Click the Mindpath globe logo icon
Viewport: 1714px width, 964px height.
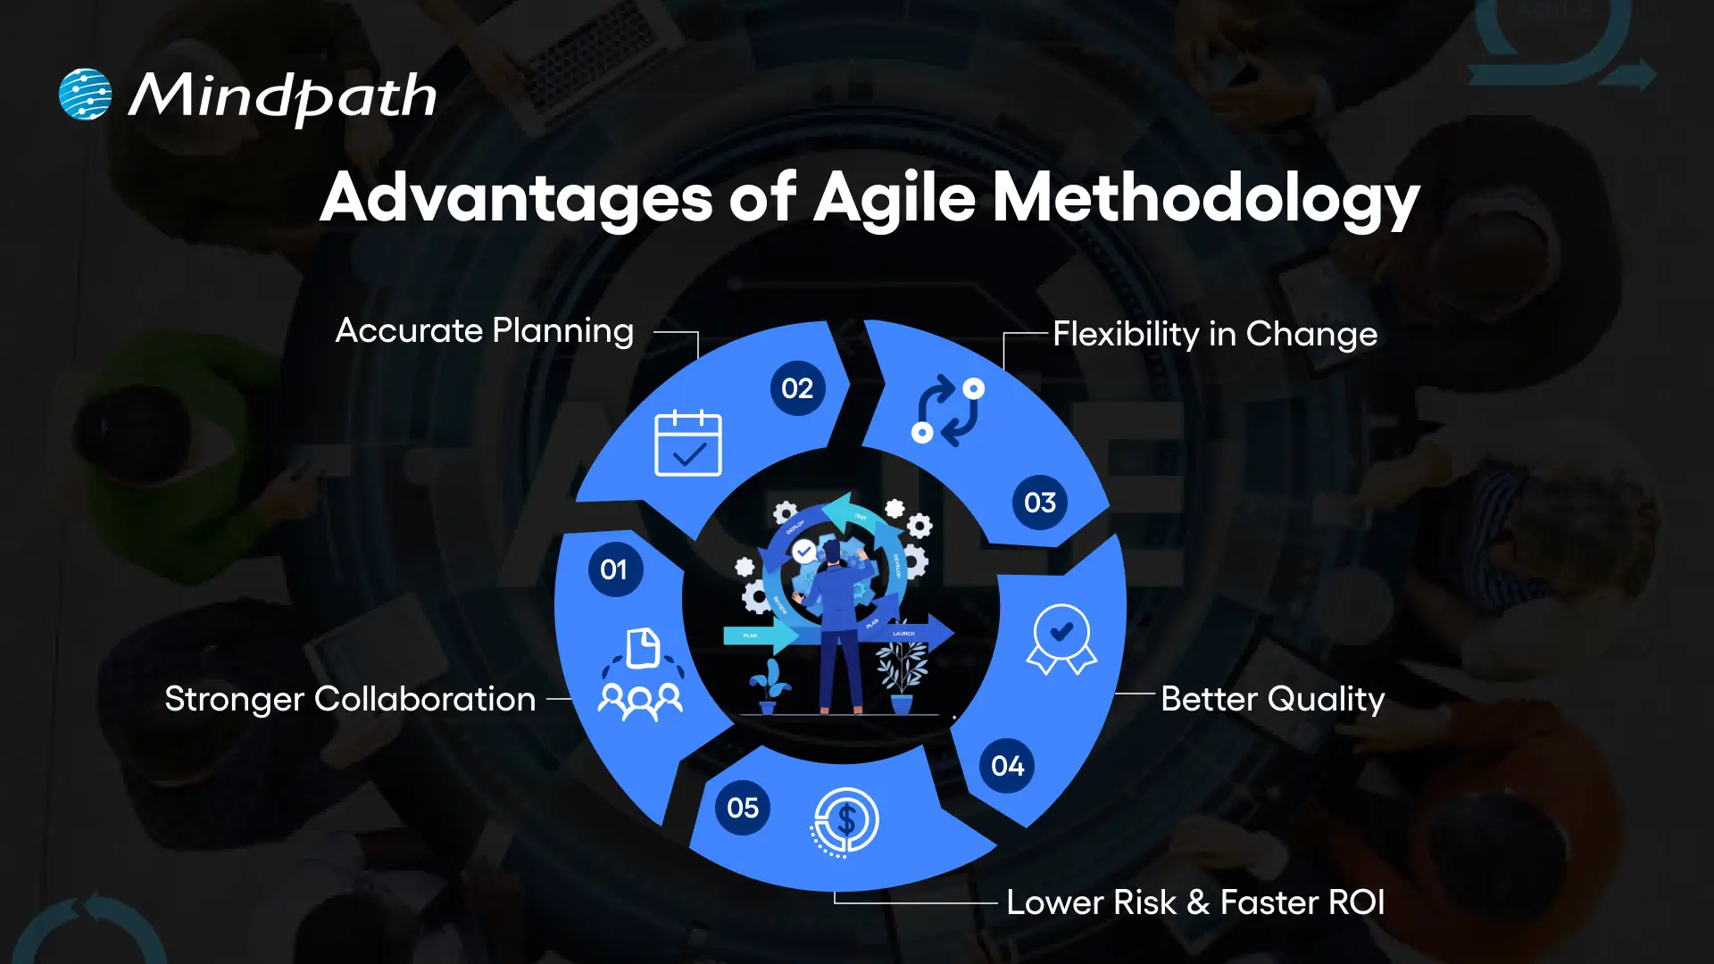(x=85, y=94)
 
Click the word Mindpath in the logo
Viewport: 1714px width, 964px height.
(x=283, y=96)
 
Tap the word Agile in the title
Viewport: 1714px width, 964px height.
(x=894, y=197)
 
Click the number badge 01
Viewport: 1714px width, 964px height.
(x=614, y=569)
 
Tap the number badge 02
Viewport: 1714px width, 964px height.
(x=797, y=388)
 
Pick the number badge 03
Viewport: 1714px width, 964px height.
(x=1040, y=503)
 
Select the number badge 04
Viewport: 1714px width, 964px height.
(x=1007, y=766)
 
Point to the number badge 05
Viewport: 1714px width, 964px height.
(x=742, y=808)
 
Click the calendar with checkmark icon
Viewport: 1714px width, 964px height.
(x=688, y=444)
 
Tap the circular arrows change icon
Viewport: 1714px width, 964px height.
(x=948, y=411)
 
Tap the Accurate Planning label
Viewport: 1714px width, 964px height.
(x=485, y=331)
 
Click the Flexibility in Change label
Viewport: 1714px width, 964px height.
(x=1215, y=335)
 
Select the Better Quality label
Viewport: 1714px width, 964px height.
(x=1272, y=699)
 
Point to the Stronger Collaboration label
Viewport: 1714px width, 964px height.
(x=350, y=699)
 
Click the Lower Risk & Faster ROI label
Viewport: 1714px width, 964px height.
(x=1195, y=902)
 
